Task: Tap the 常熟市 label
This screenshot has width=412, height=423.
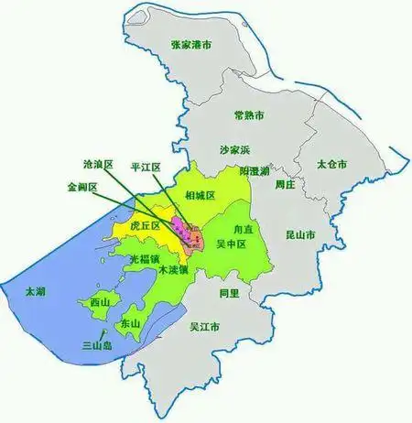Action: tap(249, 115)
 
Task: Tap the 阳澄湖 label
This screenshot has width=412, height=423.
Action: tap(254, 171)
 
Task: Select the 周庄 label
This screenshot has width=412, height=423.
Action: tap(287, 183)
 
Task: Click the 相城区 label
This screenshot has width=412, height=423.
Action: tap(199, 195)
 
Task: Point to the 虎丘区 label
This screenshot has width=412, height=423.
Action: tap(145, 224)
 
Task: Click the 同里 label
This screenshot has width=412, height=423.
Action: tap(229, 293)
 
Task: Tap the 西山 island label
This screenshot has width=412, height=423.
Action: tap(98, 301)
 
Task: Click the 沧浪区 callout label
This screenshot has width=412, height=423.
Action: tap(97, 165)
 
